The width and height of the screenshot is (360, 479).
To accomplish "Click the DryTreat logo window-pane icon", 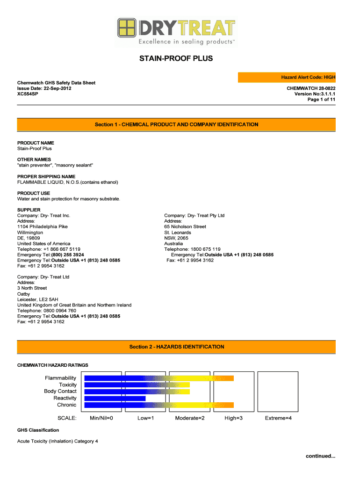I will pyautogui.click(x=126, y=28).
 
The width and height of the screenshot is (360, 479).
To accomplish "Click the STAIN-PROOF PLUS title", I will pyautogui.click(x=176, y=59).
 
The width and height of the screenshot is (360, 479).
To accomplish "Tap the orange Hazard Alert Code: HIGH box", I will pyautogui.click(x=287, y=77).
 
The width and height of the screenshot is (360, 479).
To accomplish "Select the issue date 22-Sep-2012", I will pyautogui.click(x=58, y=88).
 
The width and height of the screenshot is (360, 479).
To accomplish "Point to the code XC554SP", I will pyautogui.click(x=28, y=94).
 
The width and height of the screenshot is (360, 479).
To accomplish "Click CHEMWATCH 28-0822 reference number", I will pyautogui.click(x=311, y=88).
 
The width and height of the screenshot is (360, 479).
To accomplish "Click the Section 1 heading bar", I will pyautogui.click(x=176, y=125).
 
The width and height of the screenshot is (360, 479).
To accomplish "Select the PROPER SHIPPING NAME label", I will pyautogui.click(x=46, y=176).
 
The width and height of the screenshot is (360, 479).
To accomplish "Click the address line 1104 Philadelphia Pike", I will pyautogui.click(x=43, y=227).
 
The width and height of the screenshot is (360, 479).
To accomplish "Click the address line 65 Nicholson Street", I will pyautogui.click(x=185, y=227).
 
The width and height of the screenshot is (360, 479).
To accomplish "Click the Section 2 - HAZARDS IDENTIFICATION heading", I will pyautogui.click(x=176, y=347).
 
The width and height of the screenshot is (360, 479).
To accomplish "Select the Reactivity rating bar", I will pyautogui.click(x=115, y=398).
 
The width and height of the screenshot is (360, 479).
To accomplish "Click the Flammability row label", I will pyautogui.click(x=60, y=378).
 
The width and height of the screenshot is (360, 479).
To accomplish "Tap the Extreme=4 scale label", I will pyautogui.click(x=278, y=418).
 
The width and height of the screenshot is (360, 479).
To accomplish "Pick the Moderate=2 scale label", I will pyautogui.click(x=190, y=418).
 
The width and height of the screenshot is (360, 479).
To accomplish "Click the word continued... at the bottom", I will pyautogui.click(x=321, y=456).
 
